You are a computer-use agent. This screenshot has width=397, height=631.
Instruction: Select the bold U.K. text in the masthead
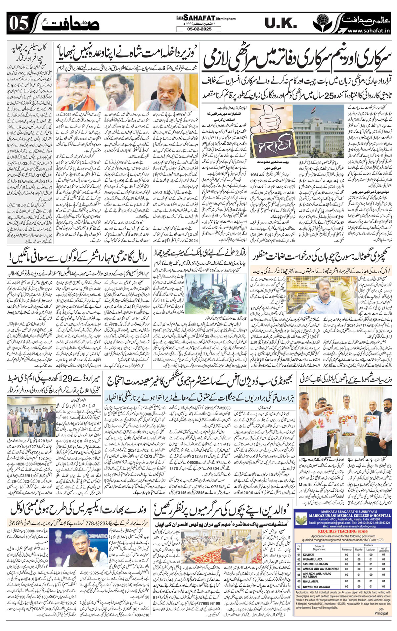[281, 23]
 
